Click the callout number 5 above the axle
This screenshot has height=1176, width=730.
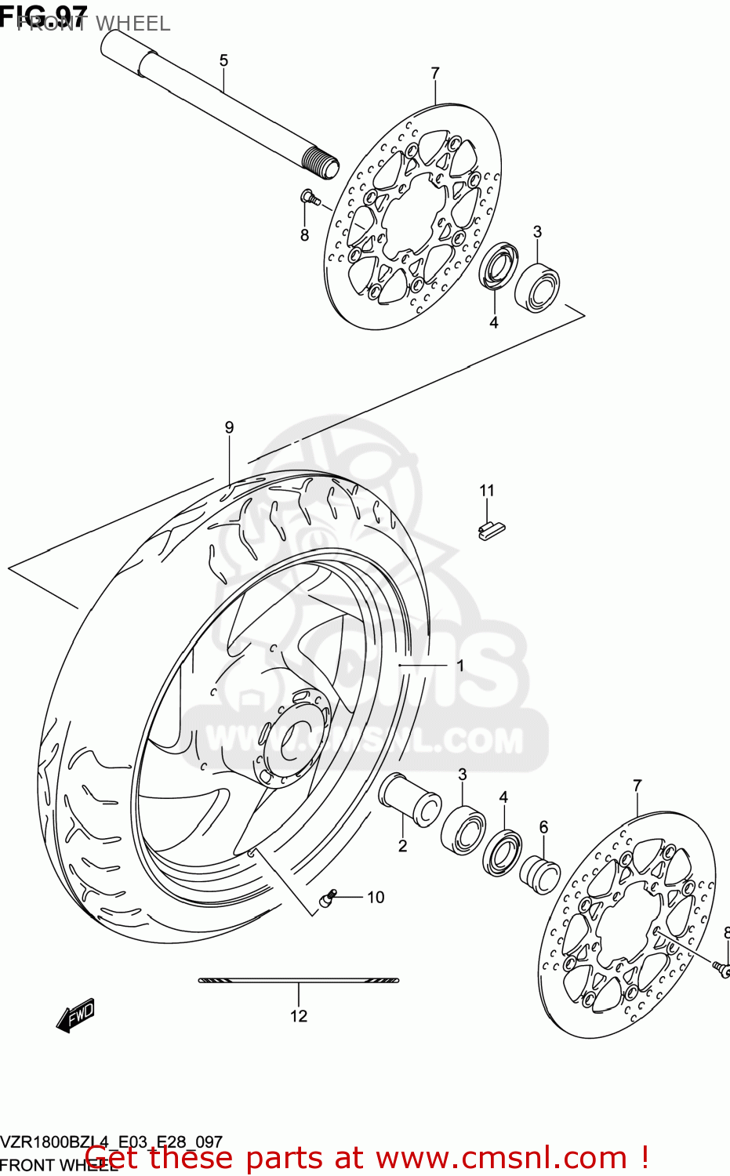[223, 60]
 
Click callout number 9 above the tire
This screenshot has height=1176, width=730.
[229, 427]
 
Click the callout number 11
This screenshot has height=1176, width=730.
[487, 491]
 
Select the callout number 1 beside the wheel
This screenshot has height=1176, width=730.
[460, 666]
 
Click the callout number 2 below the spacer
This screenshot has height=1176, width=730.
[402, 846]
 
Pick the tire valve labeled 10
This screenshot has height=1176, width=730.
[327, 898]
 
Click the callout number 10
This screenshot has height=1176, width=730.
[376, 897]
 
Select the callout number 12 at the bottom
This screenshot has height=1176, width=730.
[299, 1016]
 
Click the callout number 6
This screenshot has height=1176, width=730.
[543, 827]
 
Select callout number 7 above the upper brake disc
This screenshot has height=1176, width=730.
[435, 73]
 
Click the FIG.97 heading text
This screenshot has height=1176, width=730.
[44, 13]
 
